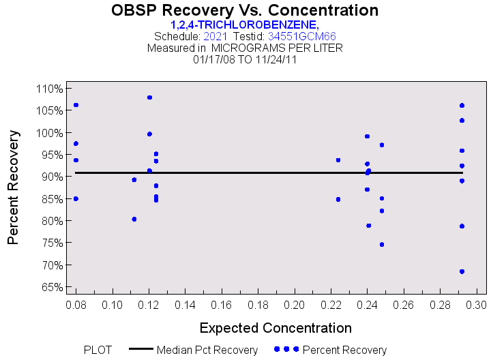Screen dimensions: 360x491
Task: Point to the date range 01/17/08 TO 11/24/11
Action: pos(244,59)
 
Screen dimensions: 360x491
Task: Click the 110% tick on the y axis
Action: pos(50,89)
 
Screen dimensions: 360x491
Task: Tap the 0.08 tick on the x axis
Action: pos(76,303)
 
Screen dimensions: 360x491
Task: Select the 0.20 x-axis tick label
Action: pos(295,303)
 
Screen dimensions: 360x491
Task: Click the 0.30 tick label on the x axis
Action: pos(476,303)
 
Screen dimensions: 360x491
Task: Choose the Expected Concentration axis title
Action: pos(276,327)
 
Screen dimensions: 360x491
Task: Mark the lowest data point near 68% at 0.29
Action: pos(462,271)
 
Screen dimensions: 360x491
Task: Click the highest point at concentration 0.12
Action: pos(149,97)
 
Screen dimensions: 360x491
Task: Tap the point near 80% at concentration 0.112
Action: pos(134,219)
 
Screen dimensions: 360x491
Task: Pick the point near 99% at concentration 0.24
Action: pos(367,136)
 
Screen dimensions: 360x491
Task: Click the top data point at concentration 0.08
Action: pos(76,105)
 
